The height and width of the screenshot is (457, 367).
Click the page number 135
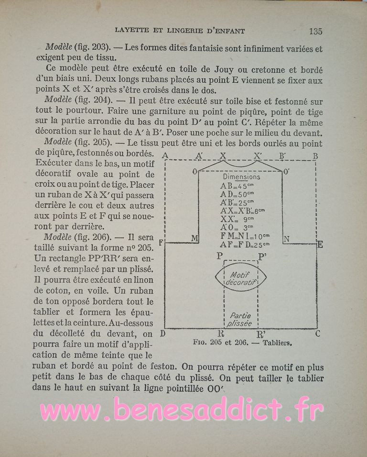(x=315, y=32)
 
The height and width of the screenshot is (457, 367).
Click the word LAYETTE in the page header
(x=132, y=31)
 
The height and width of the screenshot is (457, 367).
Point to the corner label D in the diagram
(x=163, y=334)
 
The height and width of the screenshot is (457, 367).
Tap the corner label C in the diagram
(x=318, y=334)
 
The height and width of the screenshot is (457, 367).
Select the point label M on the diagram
(x=194, y=238)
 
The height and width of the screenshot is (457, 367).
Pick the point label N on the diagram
(x=286, y=238)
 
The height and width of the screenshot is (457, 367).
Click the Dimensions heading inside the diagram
(x=241, y=177)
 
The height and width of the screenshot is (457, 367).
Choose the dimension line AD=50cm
(x=237, y=194)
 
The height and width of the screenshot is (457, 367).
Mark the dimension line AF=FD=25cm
(x=245, y=245)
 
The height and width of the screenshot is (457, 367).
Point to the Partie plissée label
(x=240, y=319)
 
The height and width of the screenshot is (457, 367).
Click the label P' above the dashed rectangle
(x=262, y=256)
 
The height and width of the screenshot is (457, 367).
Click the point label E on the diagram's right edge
(x=320, y=245)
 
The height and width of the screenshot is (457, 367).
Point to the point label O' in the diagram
(x=287, y=170)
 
